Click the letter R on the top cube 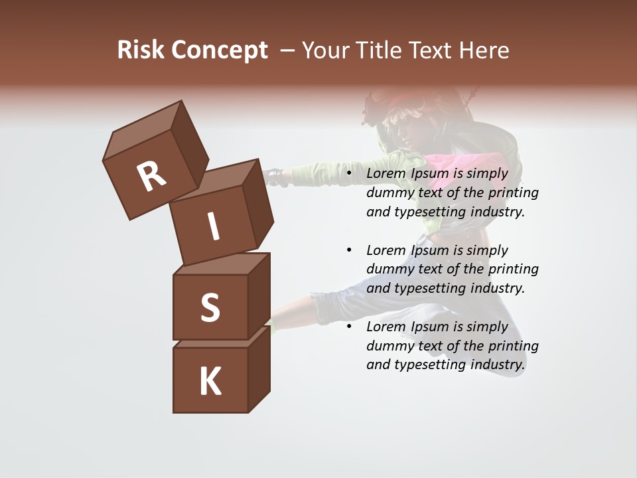(x=151, y=177)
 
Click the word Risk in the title (x=141, y=50)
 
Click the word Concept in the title (x=220, y=50)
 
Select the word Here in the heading (x=485, y=50)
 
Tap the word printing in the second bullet (x=514, y=270)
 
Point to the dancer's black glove (x=274, y=177)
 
